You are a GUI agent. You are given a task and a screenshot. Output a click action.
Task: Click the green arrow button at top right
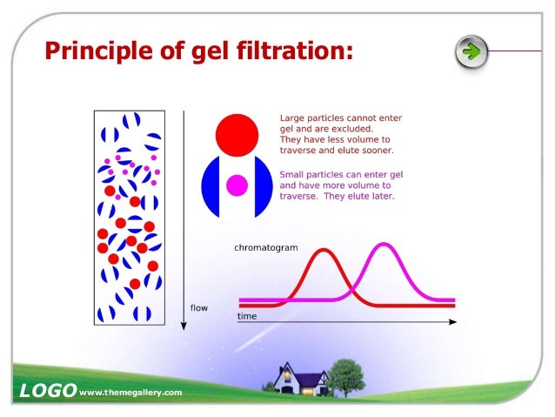pyautogui.click(x=471, y=51)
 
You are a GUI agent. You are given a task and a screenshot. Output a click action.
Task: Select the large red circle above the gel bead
pyautogui.click(x=235, y=133)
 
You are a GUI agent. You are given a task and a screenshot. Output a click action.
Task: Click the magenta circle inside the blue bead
pyautogui.click(x=236, y=185)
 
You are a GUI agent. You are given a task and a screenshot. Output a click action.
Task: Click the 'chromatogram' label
pyautogui.click(x=265, y=248)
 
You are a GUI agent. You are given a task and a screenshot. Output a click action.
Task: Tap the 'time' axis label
pyautogui.click(x=247, y=316)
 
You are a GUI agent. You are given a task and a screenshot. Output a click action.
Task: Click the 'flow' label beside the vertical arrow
pyautogui.click(x=199, y=307)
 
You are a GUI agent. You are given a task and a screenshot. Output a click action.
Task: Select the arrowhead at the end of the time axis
pyautogui.click(x=452, y=322)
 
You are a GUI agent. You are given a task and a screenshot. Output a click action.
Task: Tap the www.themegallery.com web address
pyautogui.click(x=130, y=393)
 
